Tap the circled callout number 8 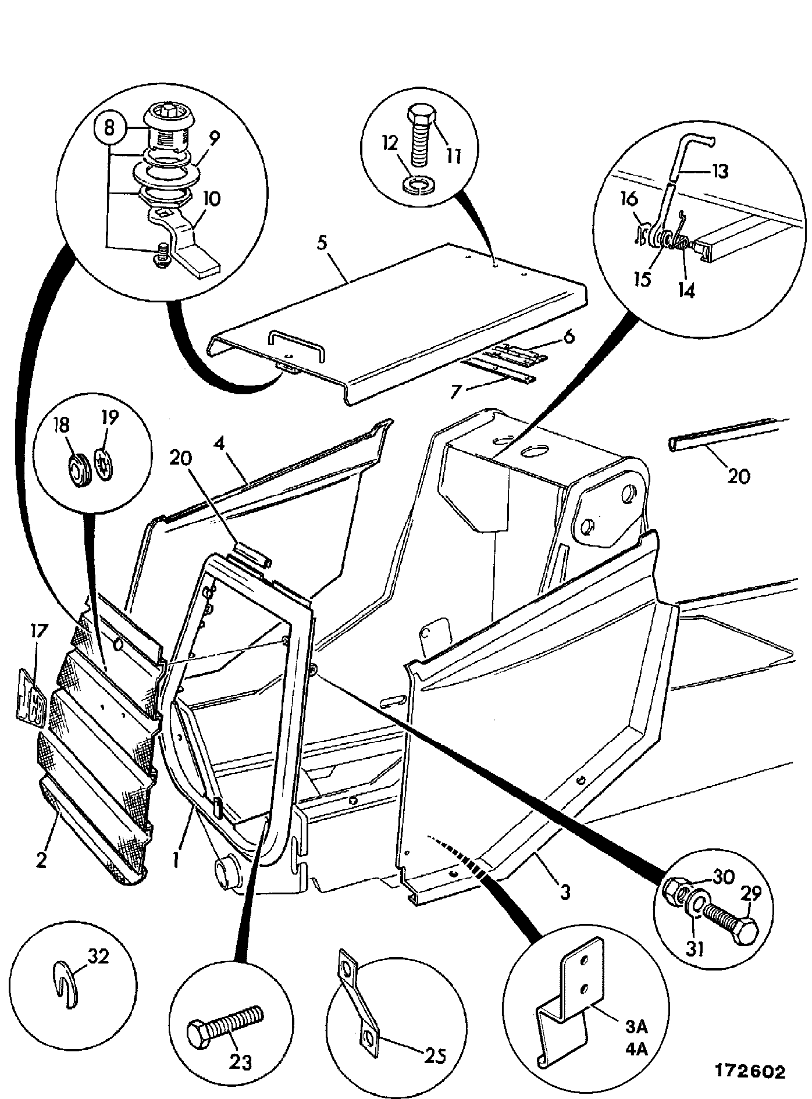(109, 128)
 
